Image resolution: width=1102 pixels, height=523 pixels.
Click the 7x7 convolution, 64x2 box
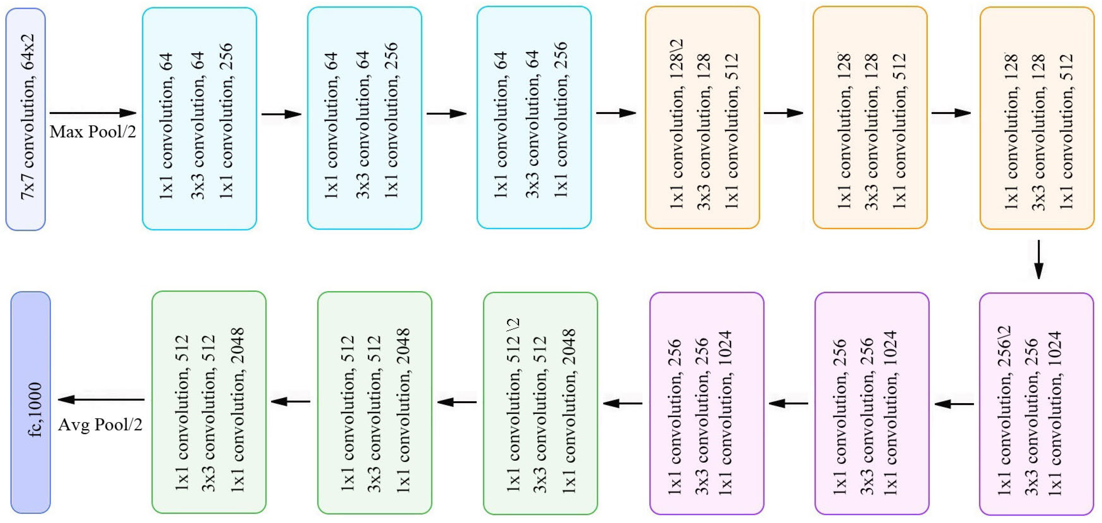(26, 119)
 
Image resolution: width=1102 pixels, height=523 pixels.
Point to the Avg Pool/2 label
(100, 425)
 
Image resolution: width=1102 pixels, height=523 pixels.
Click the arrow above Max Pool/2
(93, 113)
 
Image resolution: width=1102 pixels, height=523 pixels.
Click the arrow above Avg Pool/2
(101, 400)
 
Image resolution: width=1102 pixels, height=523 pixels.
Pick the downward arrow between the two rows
(1038, 259)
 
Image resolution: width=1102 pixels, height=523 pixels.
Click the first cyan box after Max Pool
(199, 118)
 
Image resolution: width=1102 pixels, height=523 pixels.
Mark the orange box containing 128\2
(702, 118)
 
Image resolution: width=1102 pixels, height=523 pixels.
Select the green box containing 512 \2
(540, 403)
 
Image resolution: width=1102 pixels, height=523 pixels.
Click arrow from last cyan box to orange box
(616, 113)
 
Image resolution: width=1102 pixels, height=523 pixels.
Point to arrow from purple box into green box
(622, 403)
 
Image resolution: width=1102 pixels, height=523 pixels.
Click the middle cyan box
(365, 118)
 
